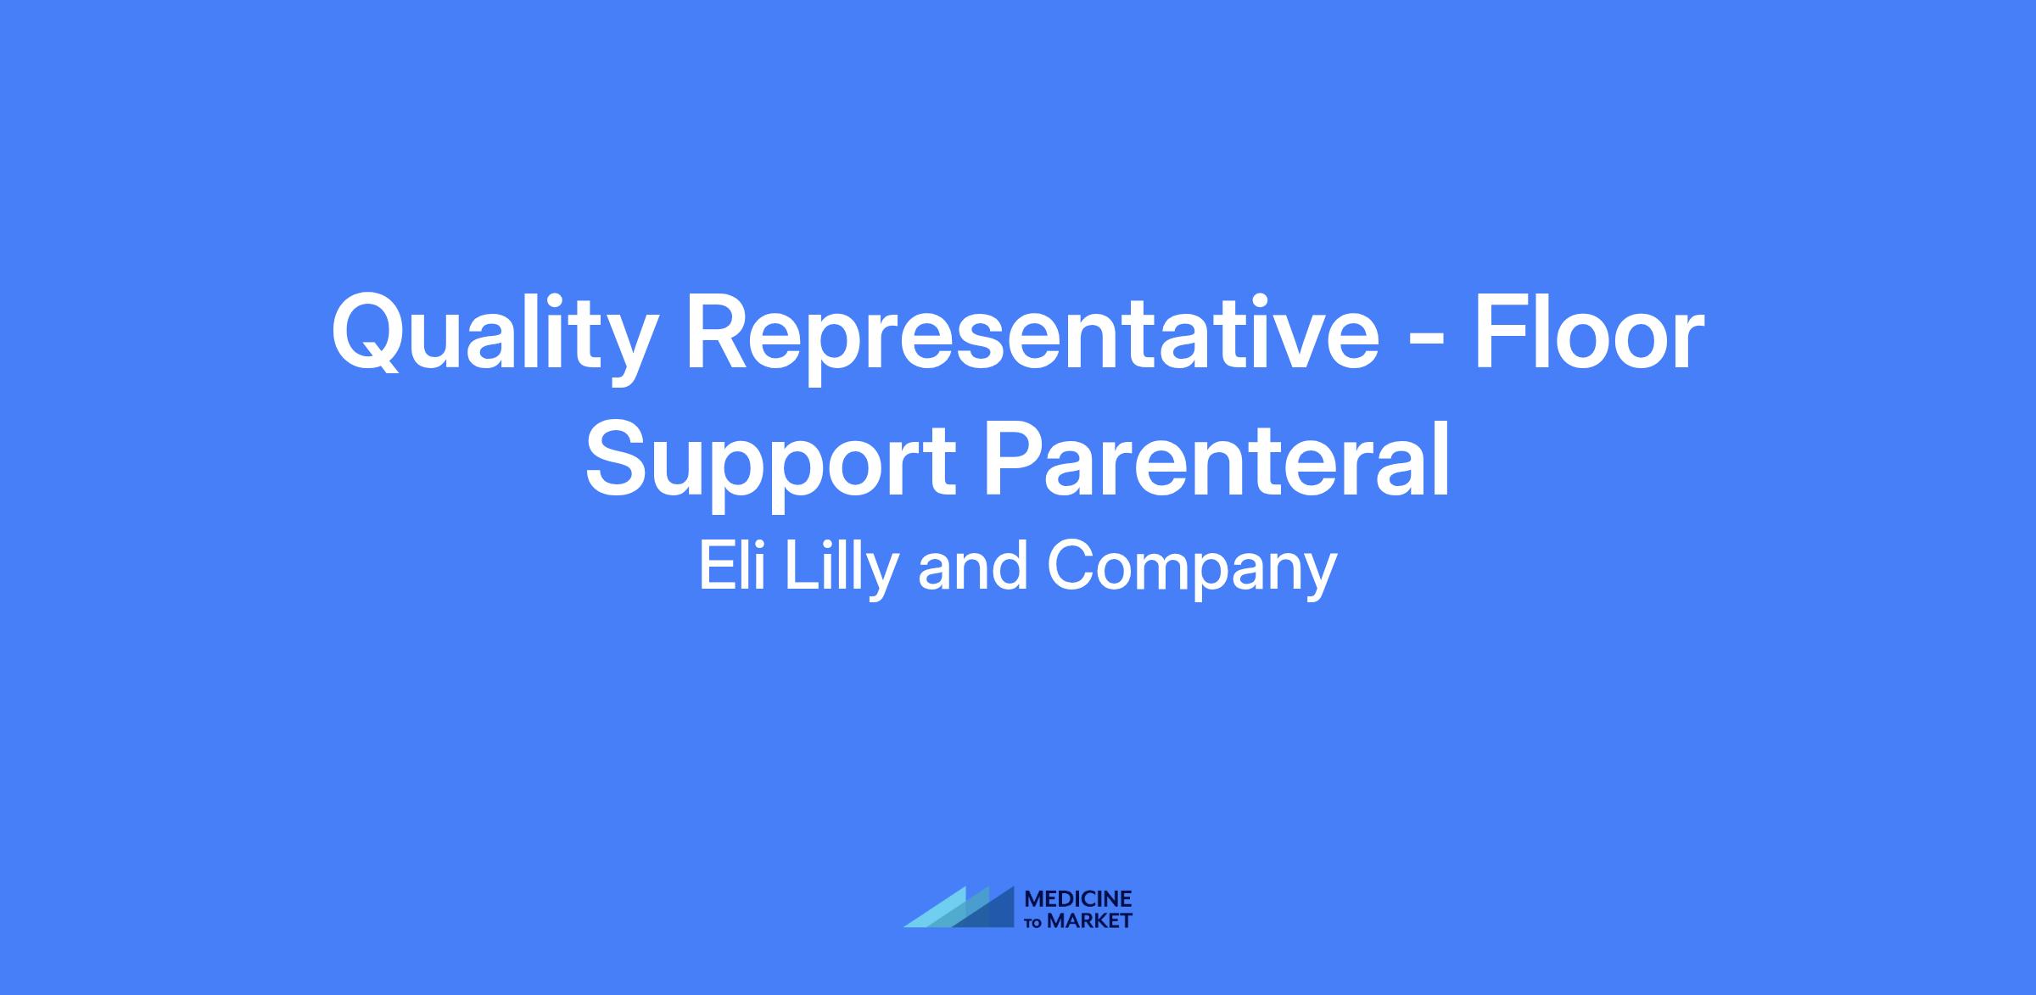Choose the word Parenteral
tap(1218, 458)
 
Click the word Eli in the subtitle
tap(732, 566)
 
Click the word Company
tap(1192, 571)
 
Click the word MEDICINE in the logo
tap(1078, 898)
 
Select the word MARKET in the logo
tap(1090, 920)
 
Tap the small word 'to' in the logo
tap(1035, 923)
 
